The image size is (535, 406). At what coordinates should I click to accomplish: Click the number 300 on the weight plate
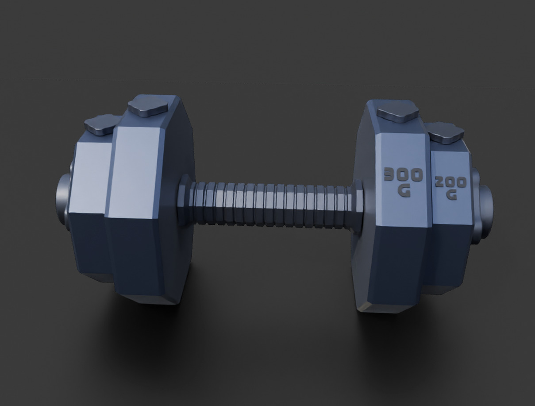[403, 175]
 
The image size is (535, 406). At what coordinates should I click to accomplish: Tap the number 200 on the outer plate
[450, 182]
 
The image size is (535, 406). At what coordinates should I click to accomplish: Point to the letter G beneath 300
[404, 191]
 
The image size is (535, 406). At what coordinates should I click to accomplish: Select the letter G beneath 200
[451, 195]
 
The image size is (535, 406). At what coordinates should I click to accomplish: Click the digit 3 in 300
[390, 174]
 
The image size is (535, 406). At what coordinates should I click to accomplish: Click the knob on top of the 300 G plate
[397, 111]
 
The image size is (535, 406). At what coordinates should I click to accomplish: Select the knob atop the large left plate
[148, 108]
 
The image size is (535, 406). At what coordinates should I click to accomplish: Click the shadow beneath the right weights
[398, 336]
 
